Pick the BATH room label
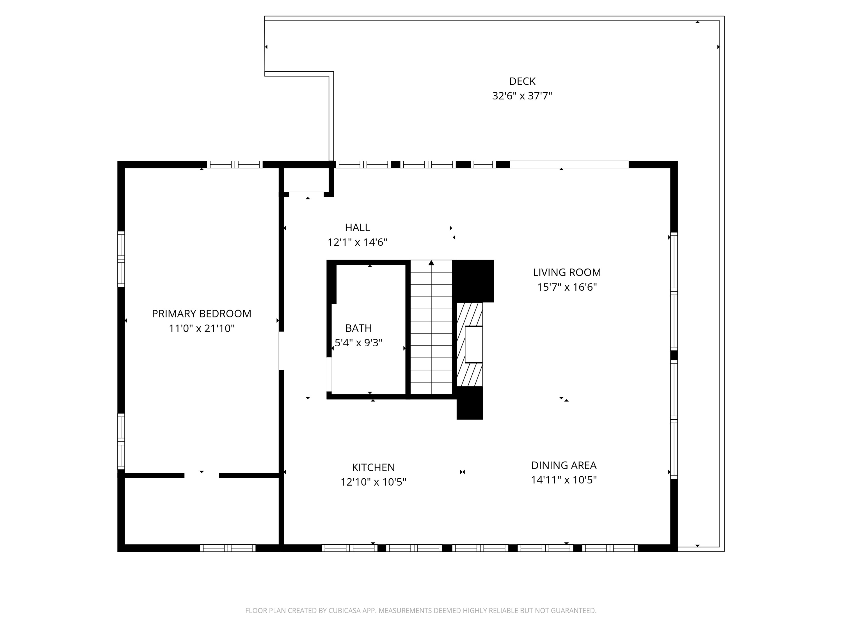click(x=358, y=328)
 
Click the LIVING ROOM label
click(x=566, y=272)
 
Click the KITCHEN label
click(x=373, y=467)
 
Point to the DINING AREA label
click(x=564, y=465)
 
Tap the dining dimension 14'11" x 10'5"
click(x=564, y=480)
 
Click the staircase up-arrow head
click(x=431, y=263)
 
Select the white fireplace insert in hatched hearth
click(x=473, y=344)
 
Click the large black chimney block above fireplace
click(x=473, y=281)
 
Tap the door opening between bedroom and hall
click(x=281, y=351)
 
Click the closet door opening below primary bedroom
click(x=202, y=475)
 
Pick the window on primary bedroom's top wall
click(x=235, y=165)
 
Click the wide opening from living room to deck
click(x=569, y=165)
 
